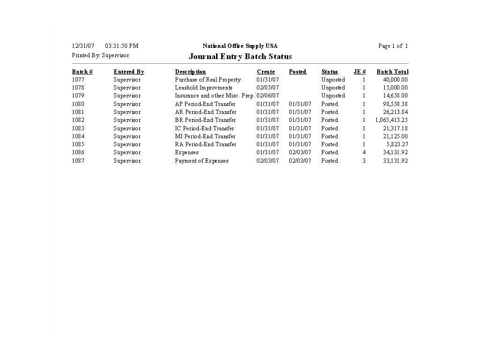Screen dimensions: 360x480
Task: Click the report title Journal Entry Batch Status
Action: click(240, 57)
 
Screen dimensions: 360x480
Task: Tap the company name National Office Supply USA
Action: click(240, 46)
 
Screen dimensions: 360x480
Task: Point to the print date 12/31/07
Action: click(83, 46)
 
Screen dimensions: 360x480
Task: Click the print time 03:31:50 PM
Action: click(122, 46)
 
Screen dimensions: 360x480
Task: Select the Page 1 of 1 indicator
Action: click(393, 46)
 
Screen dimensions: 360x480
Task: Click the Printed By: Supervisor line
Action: click(100, 55)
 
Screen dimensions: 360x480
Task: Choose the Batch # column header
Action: click(82, 72)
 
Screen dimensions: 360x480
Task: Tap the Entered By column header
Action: click(129, 72)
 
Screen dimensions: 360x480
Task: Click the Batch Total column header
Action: click(392, 72)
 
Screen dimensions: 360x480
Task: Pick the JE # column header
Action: click(360, 72)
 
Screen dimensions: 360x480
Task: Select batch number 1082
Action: click(78, 120)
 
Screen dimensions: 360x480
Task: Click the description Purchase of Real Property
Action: click(208, 80)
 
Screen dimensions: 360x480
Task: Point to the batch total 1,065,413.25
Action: click(391, 120)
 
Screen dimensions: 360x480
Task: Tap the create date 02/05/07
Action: click(268, 88)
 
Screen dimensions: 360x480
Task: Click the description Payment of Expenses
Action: click(202, 161)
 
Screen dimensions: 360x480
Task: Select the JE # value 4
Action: click(364, 152)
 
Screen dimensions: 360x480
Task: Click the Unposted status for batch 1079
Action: click(333, 96)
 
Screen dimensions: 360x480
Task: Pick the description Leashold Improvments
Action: click(203, 88)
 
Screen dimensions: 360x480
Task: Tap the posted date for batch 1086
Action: click(300, 152)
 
